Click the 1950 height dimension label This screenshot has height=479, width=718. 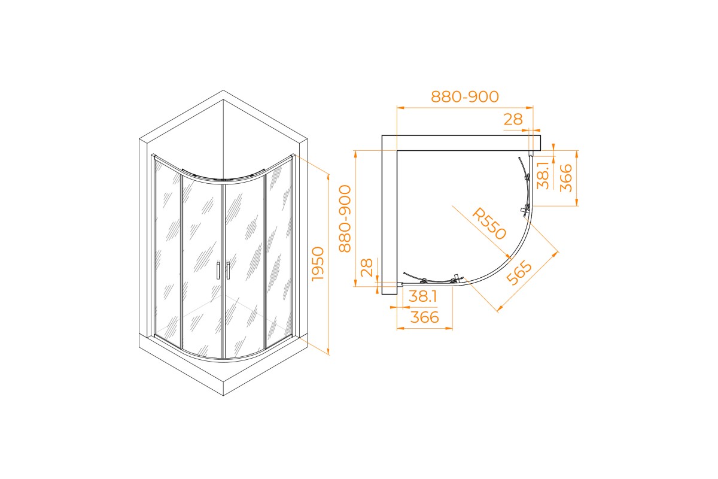[318, 263]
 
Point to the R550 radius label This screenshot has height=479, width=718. [489, 223]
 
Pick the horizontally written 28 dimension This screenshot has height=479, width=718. [513, 119]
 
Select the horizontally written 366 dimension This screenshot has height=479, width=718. [424, 317]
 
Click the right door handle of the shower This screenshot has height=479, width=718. [227, 271]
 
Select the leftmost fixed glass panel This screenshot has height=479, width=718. [168, 251]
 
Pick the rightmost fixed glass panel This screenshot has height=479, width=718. [278, 251]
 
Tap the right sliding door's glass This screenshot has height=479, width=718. [244, 263]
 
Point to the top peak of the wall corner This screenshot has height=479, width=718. [223, 91]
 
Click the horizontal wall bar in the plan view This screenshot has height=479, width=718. [461, 143]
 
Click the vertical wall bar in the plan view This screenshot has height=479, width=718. [390, 216]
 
